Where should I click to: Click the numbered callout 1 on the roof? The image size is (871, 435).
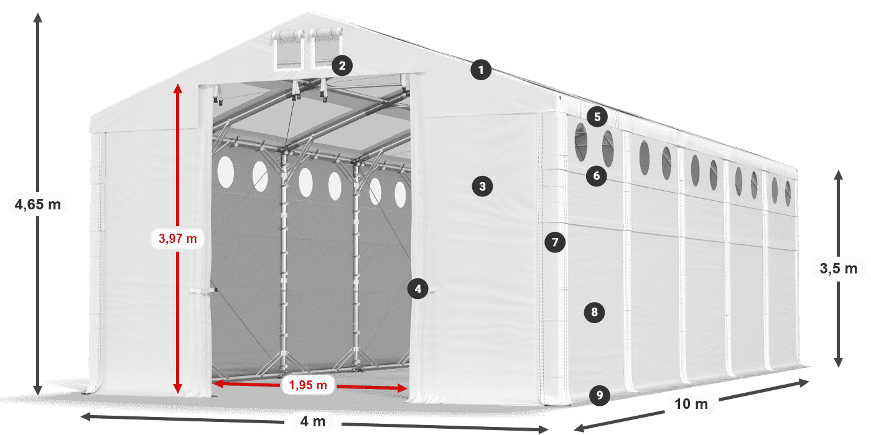click(x=481, y=70)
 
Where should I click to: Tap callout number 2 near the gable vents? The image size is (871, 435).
click(x=342, y=65)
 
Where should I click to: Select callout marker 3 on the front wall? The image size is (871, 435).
click(x=483, y=186)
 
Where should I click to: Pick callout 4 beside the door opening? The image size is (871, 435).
click(x=418, y=288)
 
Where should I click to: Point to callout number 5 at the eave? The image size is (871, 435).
click(x=597, y=117)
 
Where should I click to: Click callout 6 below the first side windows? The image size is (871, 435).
click(x=597, y=176)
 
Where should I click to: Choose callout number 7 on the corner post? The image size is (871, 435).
click(x=555, y=242)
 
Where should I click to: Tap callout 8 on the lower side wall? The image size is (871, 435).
click(x=595, y=312)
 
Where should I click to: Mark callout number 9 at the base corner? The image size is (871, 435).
click(x=600, y=395)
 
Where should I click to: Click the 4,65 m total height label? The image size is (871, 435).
click(x=38, y=204)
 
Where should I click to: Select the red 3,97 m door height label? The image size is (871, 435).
click(x=178, y=239)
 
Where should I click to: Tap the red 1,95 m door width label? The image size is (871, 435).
click(x=308, y=385)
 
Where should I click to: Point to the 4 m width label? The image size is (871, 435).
click(x=312, y=421)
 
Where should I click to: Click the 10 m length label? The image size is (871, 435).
click(x=691, y=404)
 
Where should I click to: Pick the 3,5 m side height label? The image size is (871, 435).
click(x=839, y=268)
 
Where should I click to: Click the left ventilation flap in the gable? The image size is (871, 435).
click(x=288, y=50)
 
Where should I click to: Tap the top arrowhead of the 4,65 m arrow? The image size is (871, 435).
click(x=38, y=17)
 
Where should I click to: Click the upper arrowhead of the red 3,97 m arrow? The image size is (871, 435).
click(x=178, y=88)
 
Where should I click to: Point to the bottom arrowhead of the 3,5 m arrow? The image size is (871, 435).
click(x=839, y=362)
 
